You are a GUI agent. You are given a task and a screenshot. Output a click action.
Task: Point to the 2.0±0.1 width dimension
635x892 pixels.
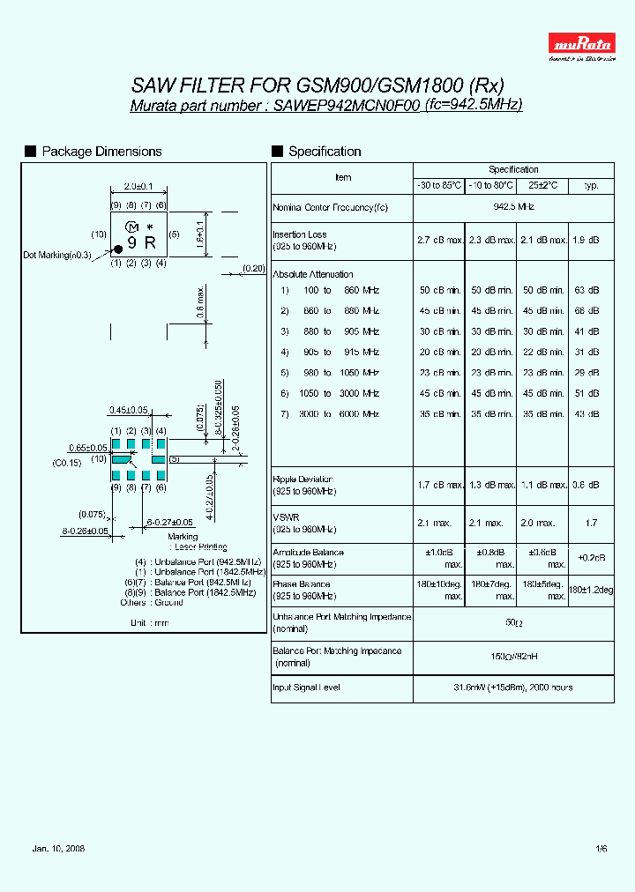(x=138, y=186)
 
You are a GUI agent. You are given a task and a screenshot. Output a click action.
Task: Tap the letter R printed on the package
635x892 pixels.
(x=150, y=242)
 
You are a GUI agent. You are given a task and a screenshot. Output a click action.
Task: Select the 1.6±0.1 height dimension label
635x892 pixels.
(x=201, y=234)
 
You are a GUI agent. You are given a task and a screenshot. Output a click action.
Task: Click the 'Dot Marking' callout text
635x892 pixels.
(x=57, y=255)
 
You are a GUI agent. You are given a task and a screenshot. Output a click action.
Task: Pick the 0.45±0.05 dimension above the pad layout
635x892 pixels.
(x=127, y=409)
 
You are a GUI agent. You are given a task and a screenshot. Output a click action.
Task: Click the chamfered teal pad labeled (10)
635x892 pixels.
(x=119, y=459)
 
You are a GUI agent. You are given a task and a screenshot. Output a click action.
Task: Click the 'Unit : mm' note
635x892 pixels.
(x=149, y=622)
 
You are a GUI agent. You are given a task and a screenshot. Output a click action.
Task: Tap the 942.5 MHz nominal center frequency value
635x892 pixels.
(x=513, y=206)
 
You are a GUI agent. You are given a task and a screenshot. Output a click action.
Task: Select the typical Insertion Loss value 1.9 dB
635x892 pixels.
(x=590, y=240)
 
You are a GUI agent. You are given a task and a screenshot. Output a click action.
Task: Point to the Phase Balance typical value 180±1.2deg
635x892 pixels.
(x=590, y=589)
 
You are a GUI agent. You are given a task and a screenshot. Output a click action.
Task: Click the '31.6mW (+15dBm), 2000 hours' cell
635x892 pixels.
(x=513, y=688)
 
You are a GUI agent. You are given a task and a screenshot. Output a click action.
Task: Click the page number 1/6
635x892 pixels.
(x=601, y=848)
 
